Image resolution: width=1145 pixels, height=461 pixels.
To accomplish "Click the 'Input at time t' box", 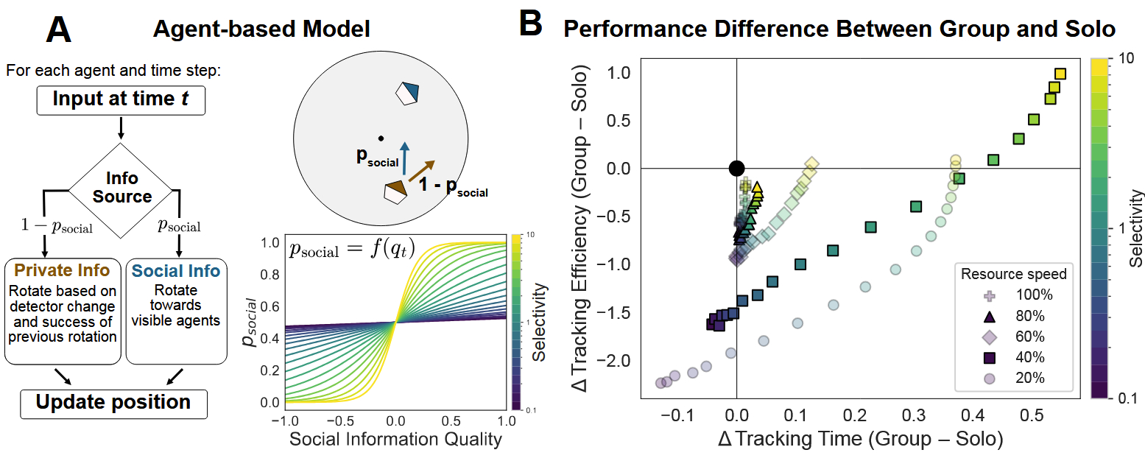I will (120, 99).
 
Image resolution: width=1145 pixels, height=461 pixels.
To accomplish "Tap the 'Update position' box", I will (114, 402).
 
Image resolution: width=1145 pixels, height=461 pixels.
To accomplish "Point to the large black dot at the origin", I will (736, 169).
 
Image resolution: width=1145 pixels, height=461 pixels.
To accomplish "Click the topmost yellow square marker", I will (1060, 74).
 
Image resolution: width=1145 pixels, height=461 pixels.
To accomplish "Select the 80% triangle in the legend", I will (989, 317).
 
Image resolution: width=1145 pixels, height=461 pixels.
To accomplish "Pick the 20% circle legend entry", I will (989, 379).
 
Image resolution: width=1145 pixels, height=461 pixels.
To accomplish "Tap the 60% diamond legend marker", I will (989, 337).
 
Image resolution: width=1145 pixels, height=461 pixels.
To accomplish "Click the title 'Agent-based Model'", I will (261, 29).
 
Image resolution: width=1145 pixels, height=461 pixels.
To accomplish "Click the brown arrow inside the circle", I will (421, 170).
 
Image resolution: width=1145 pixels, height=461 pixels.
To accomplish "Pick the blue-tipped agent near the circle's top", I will (407, 92).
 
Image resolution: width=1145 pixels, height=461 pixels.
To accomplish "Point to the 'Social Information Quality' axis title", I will (395, 440).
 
